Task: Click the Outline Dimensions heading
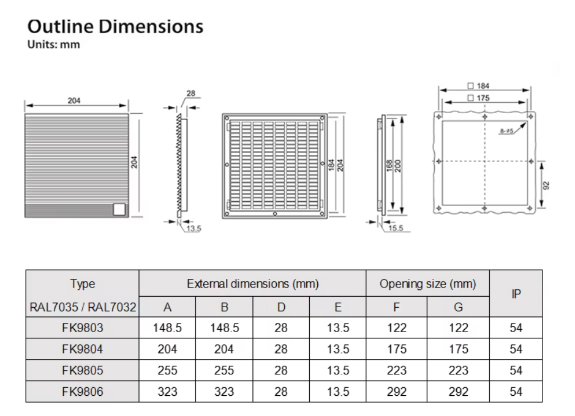pyautogui.click(x=116, y=27)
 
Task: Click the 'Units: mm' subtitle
pyautogui.click(x=54, y=45)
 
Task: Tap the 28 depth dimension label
pyautogui.click(x=190, y=94)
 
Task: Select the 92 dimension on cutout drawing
pyautogui.click(x=547, y=185)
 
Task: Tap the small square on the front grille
pyautogui.click(x=119, y=209)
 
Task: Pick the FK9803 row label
pyautogui.click(x=83, y=328)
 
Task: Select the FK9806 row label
pyautogui.click(x=83, y=392)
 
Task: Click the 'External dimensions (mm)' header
pyautogui.click(x=253, y=284)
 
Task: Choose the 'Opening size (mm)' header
pyautogui.click(x=427, y=284)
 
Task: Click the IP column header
pyautogui.click(x=516, y=294)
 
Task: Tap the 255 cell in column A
pyautogui.click(x=167, y=370)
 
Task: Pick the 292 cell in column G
pyautogui.click(x=458, y=392)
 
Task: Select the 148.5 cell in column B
pyautogui.click(x=224, y=328)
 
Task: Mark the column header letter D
pyautogui.click(x=281, y=306)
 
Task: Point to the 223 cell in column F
pyautogui.click(x=397, y=370)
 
